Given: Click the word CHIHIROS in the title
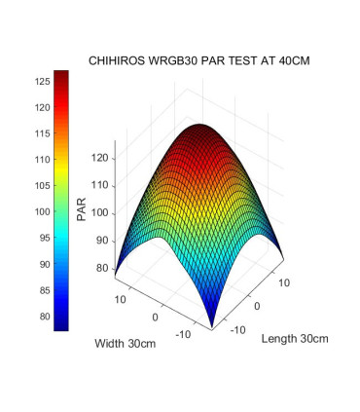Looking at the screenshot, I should tap(118, 60).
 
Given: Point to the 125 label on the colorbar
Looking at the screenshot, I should tap(42, 82).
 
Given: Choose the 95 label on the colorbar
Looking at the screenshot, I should tap(42, 238).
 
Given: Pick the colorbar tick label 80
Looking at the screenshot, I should tap(42, 316).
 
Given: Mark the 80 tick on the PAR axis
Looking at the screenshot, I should tap(105, 268).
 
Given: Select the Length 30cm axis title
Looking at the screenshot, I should tap(295, 339).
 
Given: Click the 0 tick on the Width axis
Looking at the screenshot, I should tap(155, 318).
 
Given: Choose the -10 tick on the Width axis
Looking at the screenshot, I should tap(185, 335).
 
